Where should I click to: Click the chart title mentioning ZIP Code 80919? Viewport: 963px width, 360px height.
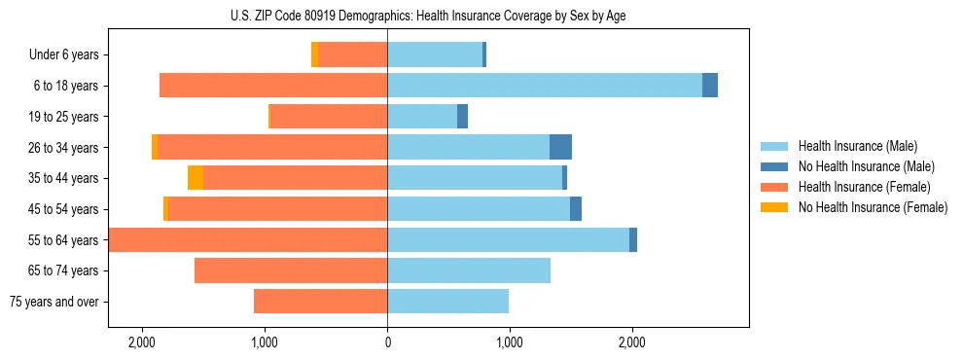pyautogui.click(x=428, y=17)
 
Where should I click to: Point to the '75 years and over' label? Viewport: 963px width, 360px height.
pyautogui.click(x=54, y=302)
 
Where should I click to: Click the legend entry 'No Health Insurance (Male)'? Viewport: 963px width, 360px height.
pyautogui.click(x=866, y=166)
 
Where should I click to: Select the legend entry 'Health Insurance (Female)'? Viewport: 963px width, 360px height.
pyautogui.click(x=864, y=187)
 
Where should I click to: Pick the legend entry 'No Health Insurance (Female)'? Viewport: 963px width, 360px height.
pyautogui.click(x=873, y=207)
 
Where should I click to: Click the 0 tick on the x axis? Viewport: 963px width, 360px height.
pyautogui.click(x=387, y=342)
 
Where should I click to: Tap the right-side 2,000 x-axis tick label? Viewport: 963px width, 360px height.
pyautogui.click(x=631, y=342)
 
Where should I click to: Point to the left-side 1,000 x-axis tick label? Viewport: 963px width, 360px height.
pyautogui.click(x=265, y=342)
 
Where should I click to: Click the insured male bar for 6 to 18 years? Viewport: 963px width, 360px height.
pyautogui.click(x=545, y=86)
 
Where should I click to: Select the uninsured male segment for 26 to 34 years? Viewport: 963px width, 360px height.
pyautogui.click(x=560, y=147)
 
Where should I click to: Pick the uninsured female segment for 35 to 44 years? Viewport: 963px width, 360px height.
pyautogui.click(x=196, y=178)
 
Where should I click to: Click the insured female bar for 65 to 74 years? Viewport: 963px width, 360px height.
pyautogui.click(x=291, y=270)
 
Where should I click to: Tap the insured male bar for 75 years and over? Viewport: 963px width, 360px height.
pyautogui.click(x=447, y=302)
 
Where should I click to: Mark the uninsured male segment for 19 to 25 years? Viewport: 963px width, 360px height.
pyautogui.click(x=462, y=117)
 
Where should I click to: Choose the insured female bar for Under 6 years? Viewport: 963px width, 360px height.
pyautogui.click(x=352, y=55)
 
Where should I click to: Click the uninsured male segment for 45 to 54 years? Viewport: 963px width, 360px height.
pyautogui.click(x=576, y=209)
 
